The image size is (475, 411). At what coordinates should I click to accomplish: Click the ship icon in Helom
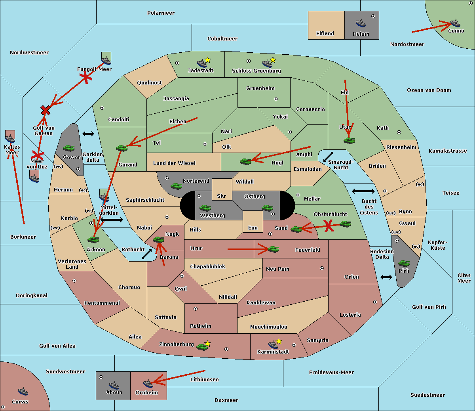click(x=361, y=23)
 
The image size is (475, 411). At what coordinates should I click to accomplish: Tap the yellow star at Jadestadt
click(x=207, y=60)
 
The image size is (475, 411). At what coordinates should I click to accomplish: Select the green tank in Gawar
click(x=68, y=148)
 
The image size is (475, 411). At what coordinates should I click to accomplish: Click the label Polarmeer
click(x=161, y=13)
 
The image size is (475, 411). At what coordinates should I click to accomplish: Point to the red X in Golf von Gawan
click(x=45, y=110)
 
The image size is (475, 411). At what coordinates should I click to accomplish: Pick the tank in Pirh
click(x=404, y=263)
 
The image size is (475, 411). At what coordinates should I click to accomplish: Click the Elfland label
click(x=325, y=34)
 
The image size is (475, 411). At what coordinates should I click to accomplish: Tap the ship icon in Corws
click(x=23, y=391)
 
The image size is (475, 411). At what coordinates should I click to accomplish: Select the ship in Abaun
click(x=114, y=385)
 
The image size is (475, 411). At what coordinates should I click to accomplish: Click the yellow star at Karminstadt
click(x=279, y=341)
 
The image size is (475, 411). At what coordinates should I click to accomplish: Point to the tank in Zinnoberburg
click(x=202, y=347)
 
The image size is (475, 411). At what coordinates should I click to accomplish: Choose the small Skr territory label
click(x=222, y=196)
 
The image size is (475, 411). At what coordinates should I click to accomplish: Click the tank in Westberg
click(x=205, y=208)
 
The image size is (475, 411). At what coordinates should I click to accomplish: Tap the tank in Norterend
click(x=176, y=186)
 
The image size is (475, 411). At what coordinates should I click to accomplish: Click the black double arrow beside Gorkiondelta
click(x=88, y=134)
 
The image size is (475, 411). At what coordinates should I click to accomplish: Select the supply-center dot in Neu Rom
click(x=322, y=268)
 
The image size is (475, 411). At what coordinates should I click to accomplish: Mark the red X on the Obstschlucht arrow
click(x=329, y=226)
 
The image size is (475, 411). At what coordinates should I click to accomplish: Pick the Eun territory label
click(x=253, y=227)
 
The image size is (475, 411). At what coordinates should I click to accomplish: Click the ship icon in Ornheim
click(x=148, y=384)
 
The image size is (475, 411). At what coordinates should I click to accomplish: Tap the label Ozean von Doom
click(x=429, y=90)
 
